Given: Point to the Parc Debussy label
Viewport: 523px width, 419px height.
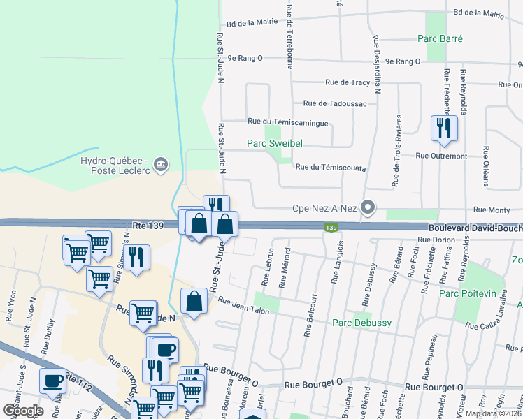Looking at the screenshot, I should tap(361, 323).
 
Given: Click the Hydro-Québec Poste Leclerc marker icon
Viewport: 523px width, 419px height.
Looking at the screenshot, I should tap(162, 165).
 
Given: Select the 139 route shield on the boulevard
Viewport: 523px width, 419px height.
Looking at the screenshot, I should tap(332, 227).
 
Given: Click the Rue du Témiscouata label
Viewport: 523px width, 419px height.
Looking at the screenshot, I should tap(331, 167).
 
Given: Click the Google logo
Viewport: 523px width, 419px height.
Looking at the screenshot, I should tap(23, 411).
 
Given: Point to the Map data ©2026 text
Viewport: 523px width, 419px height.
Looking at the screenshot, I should tap(494, 413).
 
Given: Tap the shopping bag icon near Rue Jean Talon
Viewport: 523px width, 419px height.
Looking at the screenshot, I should tap(194, 302).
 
